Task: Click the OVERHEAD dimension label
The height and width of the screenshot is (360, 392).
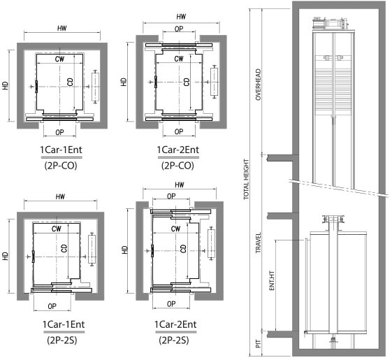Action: tap(259, 85)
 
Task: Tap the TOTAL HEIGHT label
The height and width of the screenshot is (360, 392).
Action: tap(247, 180)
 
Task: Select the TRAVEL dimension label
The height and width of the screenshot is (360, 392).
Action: tap(259, 243)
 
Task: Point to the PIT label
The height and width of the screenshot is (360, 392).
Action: tap(259, 344)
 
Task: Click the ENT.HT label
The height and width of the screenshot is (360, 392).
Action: tap(272, 281)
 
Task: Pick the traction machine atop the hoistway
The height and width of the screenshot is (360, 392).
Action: tap(331, 24)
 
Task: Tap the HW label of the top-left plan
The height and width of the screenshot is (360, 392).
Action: tap(62, 28)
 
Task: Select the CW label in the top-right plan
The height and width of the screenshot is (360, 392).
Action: tap(179, 59)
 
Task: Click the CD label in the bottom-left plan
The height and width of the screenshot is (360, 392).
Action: tap(64, 248)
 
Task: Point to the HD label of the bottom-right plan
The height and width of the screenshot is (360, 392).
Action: tap(124, 250)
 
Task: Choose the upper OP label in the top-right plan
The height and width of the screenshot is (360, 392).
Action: tap(179, 29)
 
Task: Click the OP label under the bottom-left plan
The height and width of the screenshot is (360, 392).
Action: tap(52, 306)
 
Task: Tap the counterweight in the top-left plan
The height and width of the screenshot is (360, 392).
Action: tap(95, 87)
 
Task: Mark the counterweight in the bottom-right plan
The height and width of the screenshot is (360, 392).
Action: tap(212, 243)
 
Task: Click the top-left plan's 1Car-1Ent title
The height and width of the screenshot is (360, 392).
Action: tap(61, 150)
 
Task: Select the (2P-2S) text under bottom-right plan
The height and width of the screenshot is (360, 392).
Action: tap(174, 340)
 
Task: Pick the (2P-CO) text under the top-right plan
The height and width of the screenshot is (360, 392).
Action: tap(177, 166)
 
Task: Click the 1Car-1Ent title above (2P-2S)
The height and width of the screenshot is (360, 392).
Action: tap(64, 324)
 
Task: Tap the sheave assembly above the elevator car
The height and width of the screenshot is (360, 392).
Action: tap(333, 219)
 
